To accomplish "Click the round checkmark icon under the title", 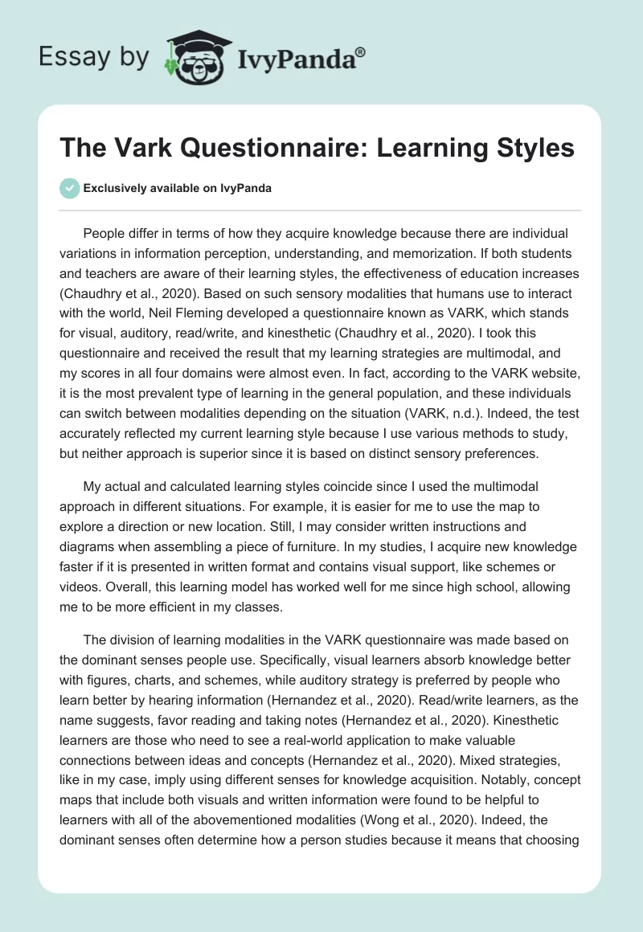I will click(x=70, y=188).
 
